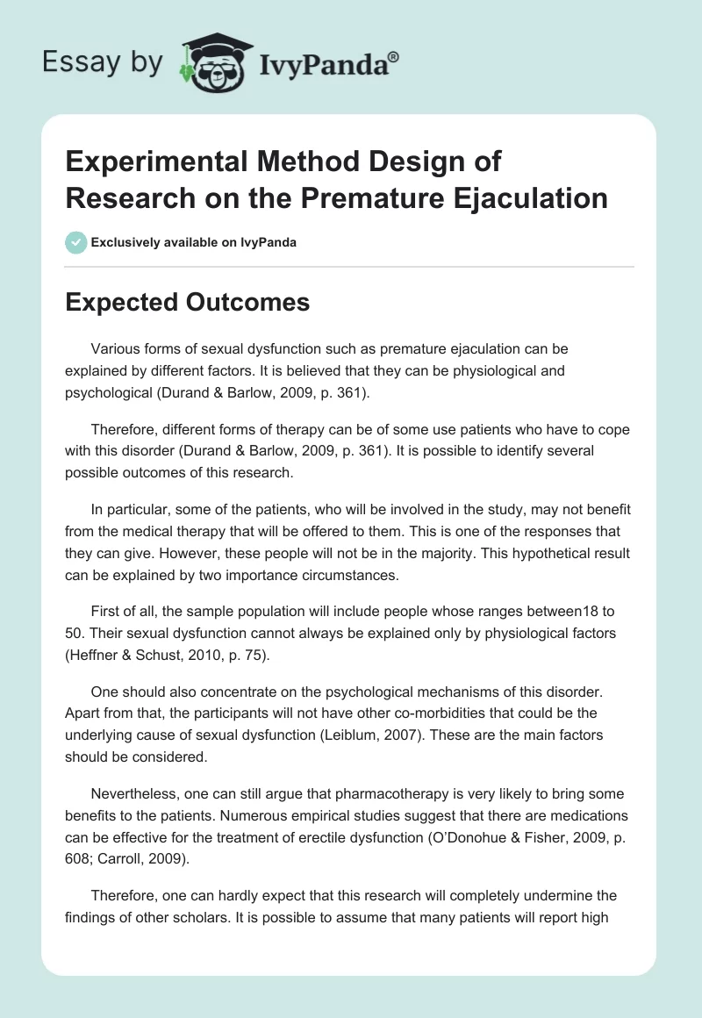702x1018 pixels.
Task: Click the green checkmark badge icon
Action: click(76, 242)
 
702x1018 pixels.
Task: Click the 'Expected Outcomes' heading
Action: click(187, 302)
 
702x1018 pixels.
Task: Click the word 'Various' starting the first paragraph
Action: click(115, 348)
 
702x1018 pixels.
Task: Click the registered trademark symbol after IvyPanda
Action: click(394, 56)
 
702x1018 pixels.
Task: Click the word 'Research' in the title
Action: click(125, 197)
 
